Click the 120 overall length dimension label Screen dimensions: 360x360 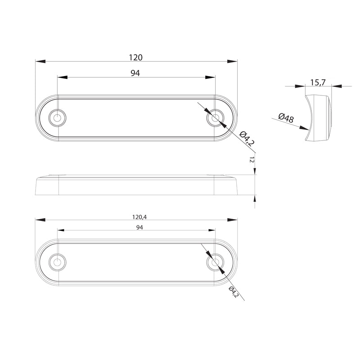pyautogui.click(x=135, y=58)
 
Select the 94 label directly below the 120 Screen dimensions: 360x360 pyautogui.click(x=135, y=73)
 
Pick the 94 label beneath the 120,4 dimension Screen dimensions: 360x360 pyautogui.click(x=139, y=228)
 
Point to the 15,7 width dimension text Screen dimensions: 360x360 pyautogui.click(x=318, y=82)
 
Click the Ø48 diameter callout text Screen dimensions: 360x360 pyautogui.click(x=286, y=118)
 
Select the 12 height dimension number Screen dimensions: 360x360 pyautogui.click(x=252, y=160)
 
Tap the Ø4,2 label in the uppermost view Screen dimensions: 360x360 pyautogui.click(x=247, y=138)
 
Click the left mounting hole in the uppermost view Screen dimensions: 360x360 pyautogui.click(x=58, y=118)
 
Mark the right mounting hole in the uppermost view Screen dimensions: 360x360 pyautogui.click(x=215, y=118)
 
